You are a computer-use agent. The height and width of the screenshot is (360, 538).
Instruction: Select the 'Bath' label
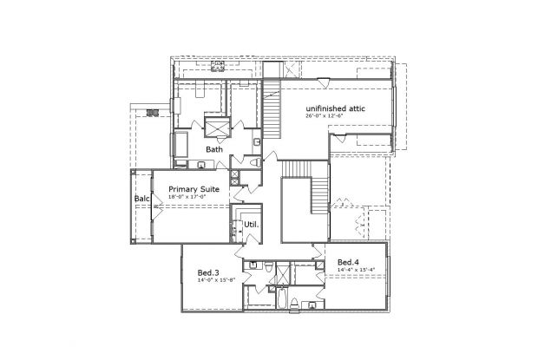(213, 149)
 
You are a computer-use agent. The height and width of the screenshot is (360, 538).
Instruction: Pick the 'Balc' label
(141, 200)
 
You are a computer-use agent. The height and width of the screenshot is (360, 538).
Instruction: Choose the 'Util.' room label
(252, 225)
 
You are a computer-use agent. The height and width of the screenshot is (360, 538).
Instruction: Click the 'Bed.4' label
(348, 262)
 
